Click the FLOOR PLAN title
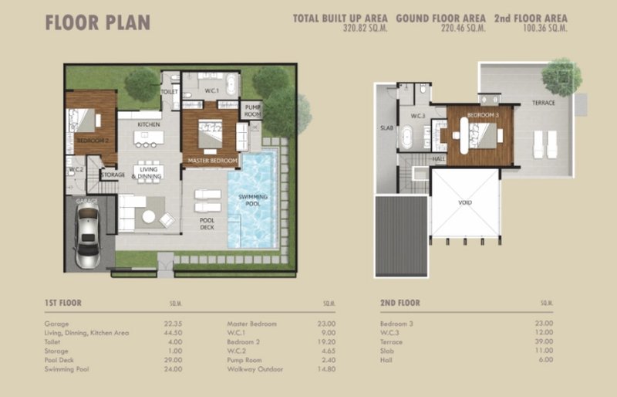pyautogui.click(x=97, y=22)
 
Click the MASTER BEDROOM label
pyautogui.click(x=209, y=160)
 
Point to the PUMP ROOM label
pyautogui.click(x=252, y=111)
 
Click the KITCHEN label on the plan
pyautogui.click(x=148, y=124)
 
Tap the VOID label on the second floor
pyautogui.click(x=465, y=204)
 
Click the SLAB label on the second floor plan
pyautogui.click(x=386, y=129)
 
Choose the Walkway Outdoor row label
pyautogui.click(x=254, y=369)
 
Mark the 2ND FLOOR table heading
pyautogui.click(x=400, y=304)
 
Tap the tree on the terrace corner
pyautogui.click(x=561, y=75)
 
